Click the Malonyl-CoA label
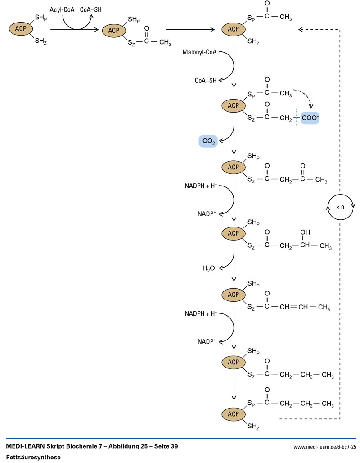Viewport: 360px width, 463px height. coord(199,52)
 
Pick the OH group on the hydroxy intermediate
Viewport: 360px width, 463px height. coord(305,232)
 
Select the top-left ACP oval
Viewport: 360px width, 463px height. coord(21,29)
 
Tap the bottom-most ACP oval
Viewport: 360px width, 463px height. coord(233,413)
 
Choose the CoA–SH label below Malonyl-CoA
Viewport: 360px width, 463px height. coord(205,81)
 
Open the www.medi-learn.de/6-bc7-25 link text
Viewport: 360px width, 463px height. coord(324,447)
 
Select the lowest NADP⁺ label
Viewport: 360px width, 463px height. coord(207,341)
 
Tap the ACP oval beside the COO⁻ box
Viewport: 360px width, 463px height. coord(233,106)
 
